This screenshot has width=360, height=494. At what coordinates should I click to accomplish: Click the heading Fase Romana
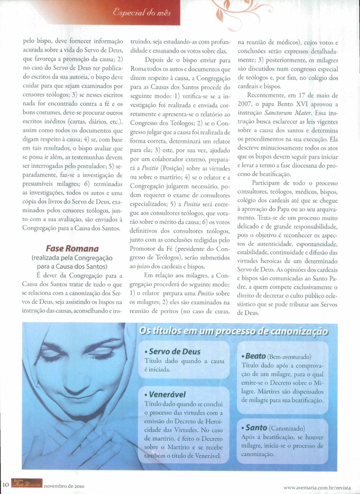coord(72,249)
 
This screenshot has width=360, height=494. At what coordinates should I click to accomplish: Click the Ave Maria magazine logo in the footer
coord(27,484)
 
